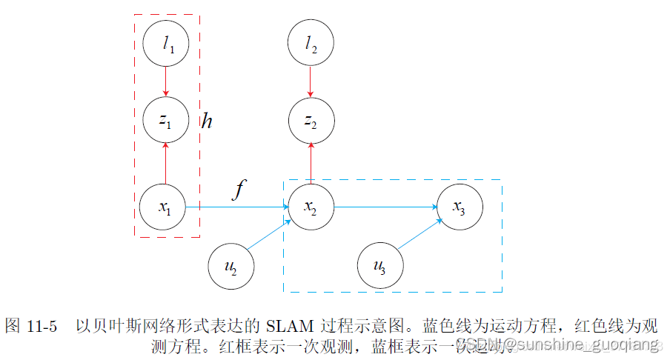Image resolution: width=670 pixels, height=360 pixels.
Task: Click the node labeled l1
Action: (166, 45)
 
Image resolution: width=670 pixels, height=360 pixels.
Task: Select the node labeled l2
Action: (311, 45)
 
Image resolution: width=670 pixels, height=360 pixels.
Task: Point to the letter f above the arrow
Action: (238, 190)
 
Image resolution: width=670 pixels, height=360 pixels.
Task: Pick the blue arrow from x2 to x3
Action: (385, 207)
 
